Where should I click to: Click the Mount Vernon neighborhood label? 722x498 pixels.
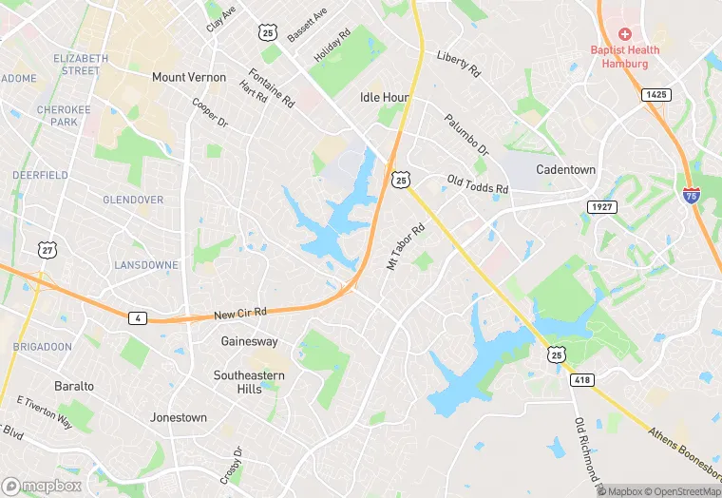coord(189,77)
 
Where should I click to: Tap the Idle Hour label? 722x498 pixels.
coord(384,97)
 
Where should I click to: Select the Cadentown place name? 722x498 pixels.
coord(565,169)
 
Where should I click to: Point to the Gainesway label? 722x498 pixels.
coord(249,340)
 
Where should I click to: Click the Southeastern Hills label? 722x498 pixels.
coord(250,382)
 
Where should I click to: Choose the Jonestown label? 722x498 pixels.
coord(179,417)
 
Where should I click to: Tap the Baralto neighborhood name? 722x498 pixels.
coord(73,386)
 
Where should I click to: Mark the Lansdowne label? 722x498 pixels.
coord(145,264)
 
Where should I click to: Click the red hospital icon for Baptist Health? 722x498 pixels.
coord(625,33)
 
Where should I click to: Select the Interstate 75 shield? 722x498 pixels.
coord(691,195)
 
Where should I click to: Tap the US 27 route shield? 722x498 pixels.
coord(47,249)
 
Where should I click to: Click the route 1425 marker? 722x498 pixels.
coord(655,94)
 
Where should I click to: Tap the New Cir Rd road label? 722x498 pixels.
coord(240,313)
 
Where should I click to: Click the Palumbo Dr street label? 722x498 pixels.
coord(466,136)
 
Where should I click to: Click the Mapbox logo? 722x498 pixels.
coord(43,486)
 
